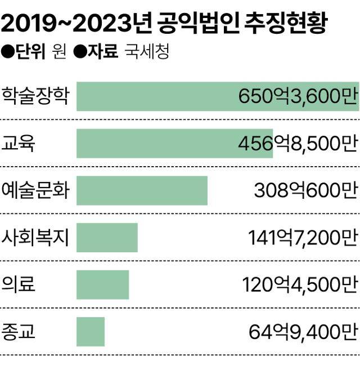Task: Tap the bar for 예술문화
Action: point(142,190)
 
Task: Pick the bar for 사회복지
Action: point(107,237)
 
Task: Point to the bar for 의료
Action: point(102,284)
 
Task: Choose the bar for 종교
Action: point(91,331)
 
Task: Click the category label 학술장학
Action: point(35,96)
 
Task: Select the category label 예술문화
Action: point(35,190)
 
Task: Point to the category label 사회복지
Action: point(35,237)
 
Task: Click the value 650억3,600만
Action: point(298,97)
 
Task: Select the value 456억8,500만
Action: point(298,144)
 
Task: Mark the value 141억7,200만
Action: point(302,238)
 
